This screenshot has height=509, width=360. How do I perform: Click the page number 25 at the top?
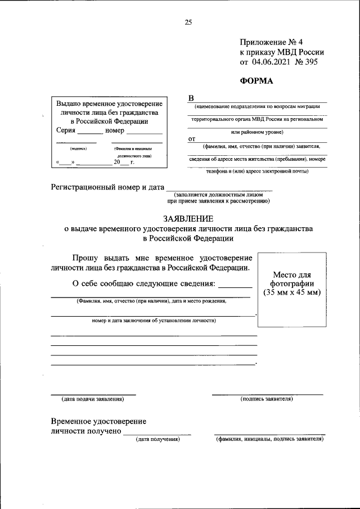coord(188,22)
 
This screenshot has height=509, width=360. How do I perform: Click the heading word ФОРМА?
coord(256,80)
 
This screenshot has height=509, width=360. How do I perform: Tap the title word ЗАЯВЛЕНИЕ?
coord(188,218)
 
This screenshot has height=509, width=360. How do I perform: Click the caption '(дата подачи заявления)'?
coord(93,399)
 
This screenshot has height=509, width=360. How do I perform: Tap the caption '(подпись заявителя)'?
coord(267,399)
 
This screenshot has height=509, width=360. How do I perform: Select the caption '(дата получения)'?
coord(157,439)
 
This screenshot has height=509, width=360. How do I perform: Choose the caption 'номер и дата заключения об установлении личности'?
coord(154,321)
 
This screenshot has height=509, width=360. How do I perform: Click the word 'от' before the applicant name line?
coord(191,138)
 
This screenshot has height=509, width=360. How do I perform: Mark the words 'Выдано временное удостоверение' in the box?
coord(110,104)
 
